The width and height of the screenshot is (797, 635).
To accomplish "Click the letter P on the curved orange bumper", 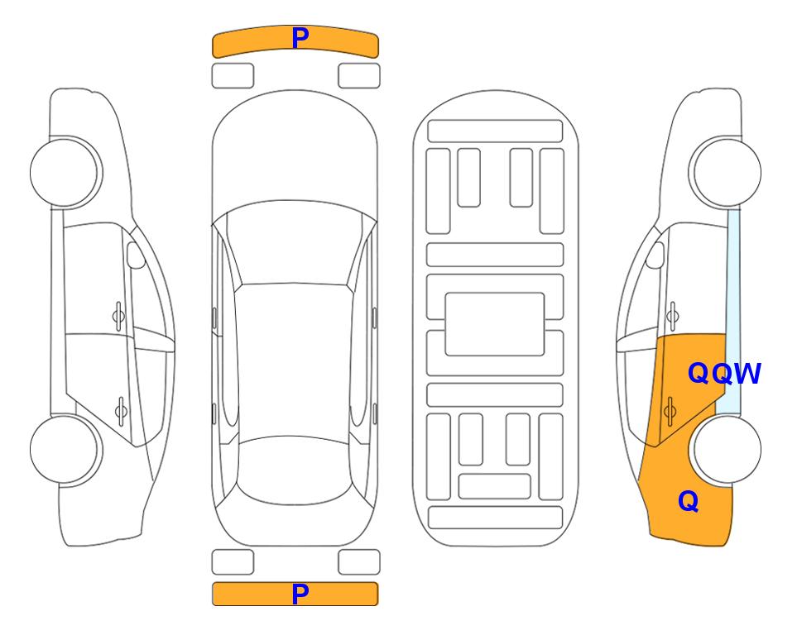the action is [x=300, y=38].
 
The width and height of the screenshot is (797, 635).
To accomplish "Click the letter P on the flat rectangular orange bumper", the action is [x=300, y=594].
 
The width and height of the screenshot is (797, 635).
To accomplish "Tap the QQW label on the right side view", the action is [x=724, y=374].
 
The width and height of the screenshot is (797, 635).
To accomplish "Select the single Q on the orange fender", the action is [x=689, y=501].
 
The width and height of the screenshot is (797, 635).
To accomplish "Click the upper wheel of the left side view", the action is [x=65, y=172].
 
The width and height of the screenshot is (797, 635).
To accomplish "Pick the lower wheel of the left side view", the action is [x=65, y=449].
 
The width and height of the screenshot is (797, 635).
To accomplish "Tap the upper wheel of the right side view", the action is [x=727, y=172].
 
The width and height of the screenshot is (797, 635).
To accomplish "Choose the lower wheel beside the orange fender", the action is [x=727, y=449].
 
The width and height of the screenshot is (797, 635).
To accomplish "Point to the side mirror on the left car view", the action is [x=136, y=255].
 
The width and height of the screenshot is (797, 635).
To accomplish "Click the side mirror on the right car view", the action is [x=655, y=255].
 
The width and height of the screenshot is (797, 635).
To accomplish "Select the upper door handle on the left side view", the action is [x=118, y=317].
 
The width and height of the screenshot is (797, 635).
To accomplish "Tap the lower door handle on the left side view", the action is [x=121, y=410].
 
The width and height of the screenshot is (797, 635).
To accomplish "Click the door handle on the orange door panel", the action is [x=670, y=410].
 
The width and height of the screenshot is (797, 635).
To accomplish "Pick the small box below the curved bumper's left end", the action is [x=233, y=76].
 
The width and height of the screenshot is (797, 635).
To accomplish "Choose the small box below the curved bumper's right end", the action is [x=359, y=76].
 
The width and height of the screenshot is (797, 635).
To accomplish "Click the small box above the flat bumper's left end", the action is [x=233, y=562].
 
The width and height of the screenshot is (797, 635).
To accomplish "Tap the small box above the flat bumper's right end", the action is [x=359, y=562].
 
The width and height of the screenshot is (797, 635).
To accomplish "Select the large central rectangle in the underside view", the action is [x=495, y=324].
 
